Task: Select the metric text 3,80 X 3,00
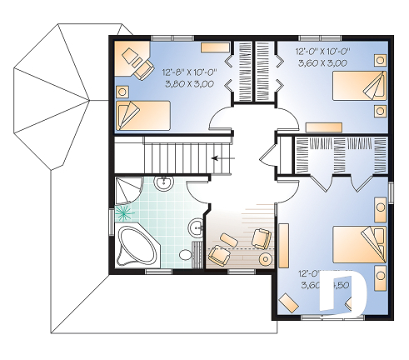(191, 83)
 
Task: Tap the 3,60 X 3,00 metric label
(322, 62)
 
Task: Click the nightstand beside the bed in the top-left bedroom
(123, 90)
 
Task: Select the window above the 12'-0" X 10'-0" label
(315, 37)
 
